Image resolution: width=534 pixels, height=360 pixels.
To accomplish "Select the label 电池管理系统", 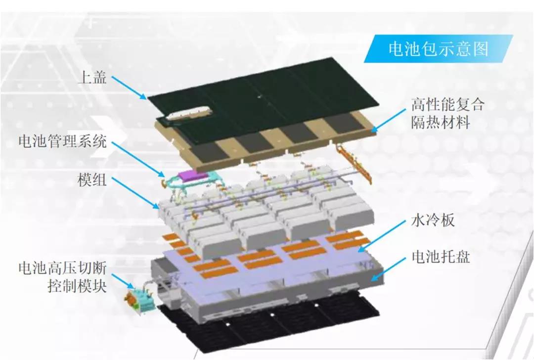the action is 62,142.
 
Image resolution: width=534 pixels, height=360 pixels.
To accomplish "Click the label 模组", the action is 92,180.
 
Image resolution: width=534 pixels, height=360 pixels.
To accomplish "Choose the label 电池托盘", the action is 441,257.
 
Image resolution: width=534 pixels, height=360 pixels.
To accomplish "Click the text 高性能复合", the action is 447,105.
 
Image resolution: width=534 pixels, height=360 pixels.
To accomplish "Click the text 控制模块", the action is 77,286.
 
